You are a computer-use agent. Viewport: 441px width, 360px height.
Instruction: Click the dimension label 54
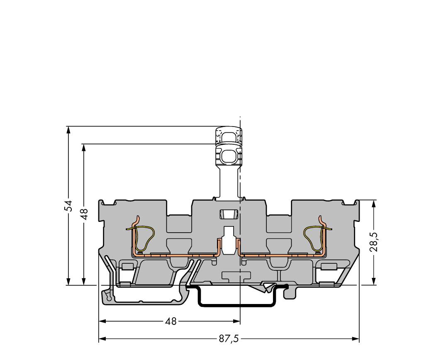coord(68,206)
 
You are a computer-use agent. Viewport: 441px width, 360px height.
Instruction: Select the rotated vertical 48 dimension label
coord(84,214)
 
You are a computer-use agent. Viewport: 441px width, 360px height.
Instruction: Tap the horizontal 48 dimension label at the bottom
coord(171,321)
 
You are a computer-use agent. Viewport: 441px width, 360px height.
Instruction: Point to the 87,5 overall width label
coord(229,339)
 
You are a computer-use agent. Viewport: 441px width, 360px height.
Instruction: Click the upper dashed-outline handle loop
coord(228,136)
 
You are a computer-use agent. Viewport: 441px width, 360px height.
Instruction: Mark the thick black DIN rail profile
coord(236,304)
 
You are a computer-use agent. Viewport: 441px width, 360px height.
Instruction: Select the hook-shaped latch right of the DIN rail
coord(291,292)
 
